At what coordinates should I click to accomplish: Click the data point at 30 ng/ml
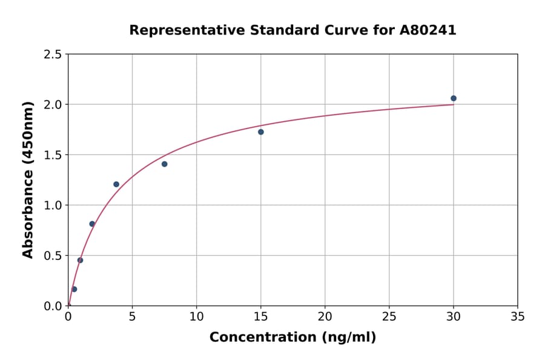click(x=454, y=98)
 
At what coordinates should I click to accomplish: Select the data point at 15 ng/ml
click(x=261, y=132)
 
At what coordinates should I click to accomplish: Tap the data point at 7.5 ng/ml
click(x=165, y=164)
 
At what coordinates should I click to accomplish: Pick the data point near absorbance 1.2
click(x=116, y=184)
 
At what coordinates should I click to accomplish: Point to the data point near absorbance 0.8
click(x=92, y=224)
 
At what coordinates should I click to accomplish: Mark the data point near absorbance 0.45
click(x=80, y=261)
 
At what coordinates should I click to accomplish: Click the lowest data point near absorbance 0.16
click(x=74, y=289)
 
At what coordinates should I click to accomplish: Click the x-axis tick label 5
click(x=132, y=316)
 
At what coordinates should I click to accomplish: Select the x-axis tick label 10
click(x=196, y=316)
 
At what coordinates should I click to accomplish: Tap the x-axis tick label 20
click(x=325, y=316)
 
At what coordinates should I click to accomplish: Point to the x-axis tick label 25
click(x=389, y=316)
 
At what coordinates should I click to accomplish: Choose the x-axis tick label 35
click(x=518, y=316)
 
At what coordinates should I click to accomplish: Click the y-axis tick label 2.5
click(x=53, y=55)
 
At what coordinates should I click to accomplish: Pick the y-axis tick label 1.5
click(x=53, y=155)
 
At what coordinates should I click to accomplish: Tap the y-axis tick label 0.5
click(x=53, y=256)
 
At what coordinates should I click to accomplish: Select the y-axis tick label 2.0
click(x=53, y=105)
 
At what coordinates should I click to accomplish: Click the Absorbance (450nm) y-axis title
click(x=28, y=180)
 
